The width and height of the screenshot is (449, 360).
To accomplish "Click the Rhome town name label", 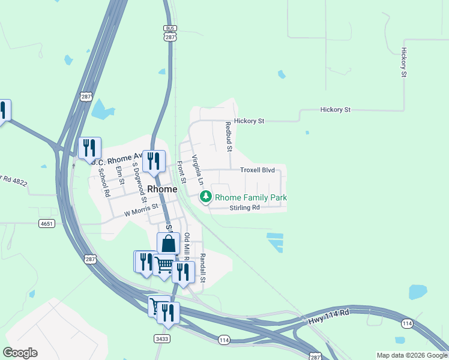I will [x=162, y=189].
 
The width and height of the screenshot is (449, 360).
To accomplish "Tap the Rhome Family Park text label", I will [x=251, y=197].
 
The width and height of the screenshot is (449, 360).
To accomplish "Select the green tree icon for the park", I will [x=206, y=196].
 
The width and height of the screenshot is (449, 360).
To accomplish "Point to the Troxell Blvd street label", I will [x=258, y=170].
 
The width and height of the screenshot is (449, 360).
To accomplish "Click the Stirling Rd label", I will [x=244, y=208].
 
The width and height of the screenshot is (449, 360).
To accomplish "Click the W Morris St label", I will [x=140, y=209].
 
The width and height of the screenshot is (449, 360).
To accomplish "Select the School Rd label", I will [x=104, y=182].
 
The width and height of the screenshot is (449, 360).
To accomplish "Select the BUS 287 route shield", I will [x=170, y=32].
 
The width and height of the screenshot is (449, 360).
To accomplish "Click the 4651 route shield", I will [x=46, y=224].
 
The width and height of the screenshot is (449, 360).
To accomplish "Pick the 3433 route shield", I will [x=161, y=339].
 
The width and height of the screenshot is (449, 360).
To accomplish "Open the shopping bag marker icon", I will [x=169, y=244].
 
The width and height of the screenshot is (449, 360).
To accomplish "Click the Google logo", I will [x=20, y=353].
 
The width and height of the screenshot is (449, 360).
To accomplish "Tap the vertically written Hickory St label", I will [x=404, y=62].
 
